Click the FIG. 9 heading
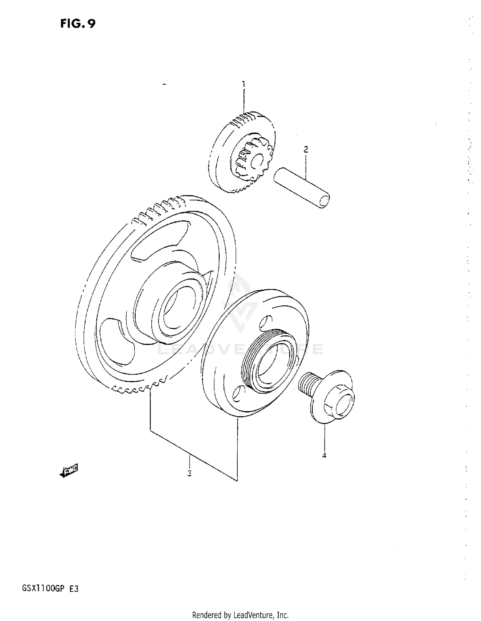coord(78,24)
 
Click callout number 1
coord(244,84)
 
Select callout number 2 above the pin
coord(306,149)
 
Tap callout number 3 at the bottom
coord(190,473)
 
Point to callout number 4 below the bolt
coord(324,455)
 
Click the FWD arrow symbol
coord(69,471)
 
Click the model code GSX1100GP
coord(44,589)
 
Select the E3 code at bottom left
coord(74,589)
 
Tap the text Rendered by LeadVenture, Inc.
coord(240,615)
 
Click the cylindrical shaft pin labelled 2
coord(301,188)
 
